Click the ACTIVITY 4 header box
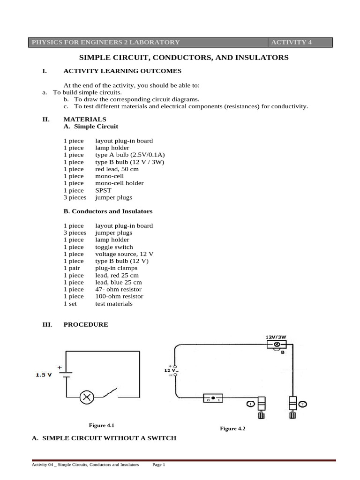tap(300, 42)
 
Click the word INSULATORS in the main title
tap(263, 58)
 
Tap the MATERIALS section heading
tap(85, 120)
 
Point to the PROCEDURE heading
tap(86, 324)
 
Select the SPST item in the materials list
tap(103, 190)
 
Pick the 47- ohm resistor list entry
tap(119, 289)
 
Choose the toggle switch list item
tap(114, 247)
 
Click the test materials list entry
tap(114, 304)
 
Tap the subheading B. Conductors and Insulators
tap(108, 211)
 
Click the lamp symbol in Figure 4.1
tap(87, 397)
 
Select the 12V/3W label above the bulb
tap(277, 337)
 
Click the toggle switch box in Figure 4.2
tap(213, 398)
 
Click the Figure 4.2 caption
tap(233, 428)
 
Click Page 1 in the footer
tap(159, 465)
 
